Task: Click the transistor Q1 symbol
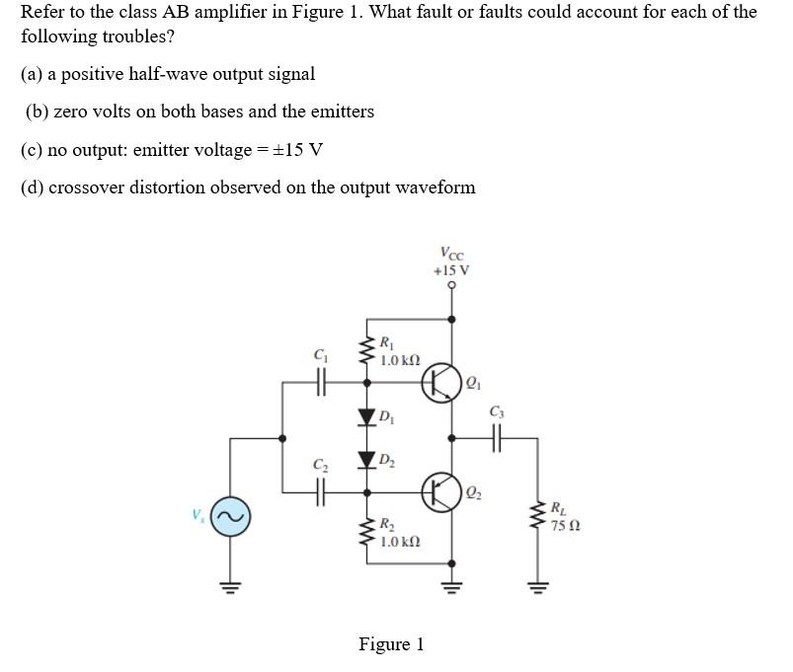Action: pos(441,384)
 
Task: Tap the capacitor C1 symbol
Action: pos(319,383)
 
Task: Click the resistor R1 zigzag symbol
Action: pos(368,350)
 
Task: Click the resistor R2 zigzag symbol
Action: pos(368,534)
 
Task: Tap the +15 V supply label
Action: pos(452,269)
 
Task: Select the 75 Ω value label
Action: pos(567,526)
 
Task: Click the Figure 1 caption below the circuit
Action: pos(391,644)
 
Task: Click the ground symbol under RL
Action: pos(538,590)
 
